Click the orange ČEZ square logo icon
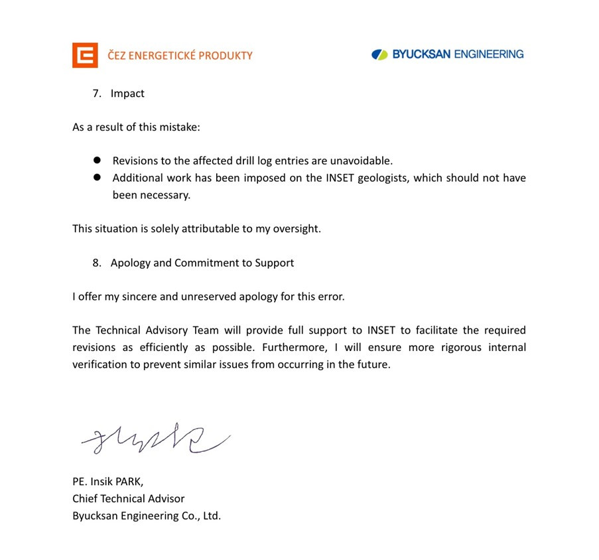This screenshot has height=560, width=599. pos(85,55)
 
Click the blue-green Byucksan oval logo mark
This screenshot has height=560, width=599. pos(379,54)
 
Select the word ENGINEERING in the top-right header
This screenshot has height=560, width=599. pos(488,54)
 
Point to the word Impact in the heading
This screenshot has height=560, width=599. pos(127,94)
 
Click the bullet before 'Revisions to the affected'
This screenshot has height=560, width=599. pos(97,161)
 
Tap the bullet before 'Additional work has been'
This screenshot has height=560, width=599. pos(97,178)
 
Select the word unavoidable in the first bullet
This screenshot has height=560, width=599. pos(363,161)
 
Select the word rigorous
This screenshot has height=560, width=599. pos(431,347)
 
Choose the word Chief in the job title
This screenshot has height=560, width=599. pos(86,498)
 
